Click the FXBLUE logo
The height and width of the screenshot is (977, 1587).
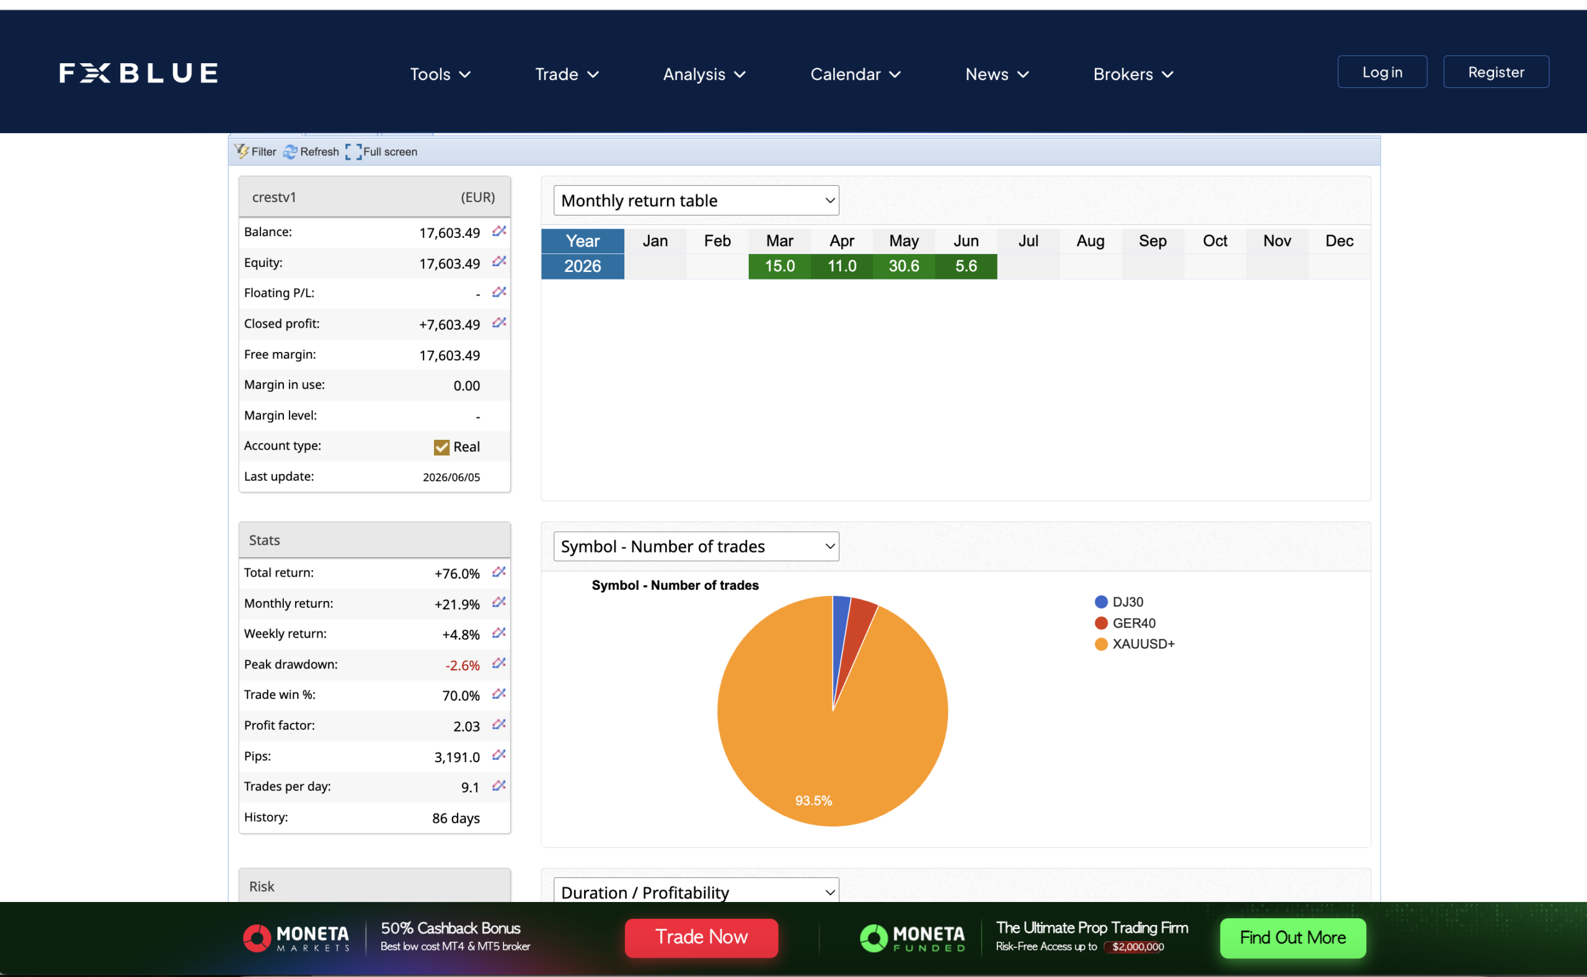click(x=138, y=73)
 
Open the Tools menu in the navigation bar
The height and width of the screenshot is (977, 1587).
click(x=440, y=74)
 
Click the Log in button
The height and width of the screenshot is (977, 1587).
click(x=1382, y=72)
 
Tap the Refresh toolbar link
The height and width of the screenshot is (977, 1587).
click(x=311, y=152)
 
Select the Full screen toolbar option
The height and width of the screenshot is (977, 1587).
click(x=381, y=152)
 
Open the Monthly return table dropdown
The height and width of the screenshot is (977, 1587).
click(x=696, y=200)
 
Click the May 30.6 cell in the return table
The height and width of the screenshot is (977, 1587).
click(x=904, y=266)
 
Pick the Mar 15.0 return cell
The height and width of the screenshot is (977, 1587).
click(x=780, y=266)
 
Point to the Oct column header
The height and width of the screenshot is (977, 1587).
click(x=1214, y=241)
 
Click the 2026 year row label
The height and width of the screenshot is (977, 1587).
click(x=583, y=266)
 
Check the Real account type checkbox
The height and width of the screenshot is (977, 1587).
click(x=441, y=447)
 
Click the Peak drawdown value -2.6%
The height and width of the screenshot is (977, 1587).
click(x=462, y=665)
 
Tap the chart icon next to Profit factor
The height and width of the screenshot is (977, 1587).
click(x=498, y=725)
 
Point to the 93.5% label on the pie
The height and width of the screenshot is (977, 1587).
click(x=814, y=800)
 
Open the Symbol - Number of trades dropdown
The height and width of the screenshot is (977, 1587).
click(x=696, y=546)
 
